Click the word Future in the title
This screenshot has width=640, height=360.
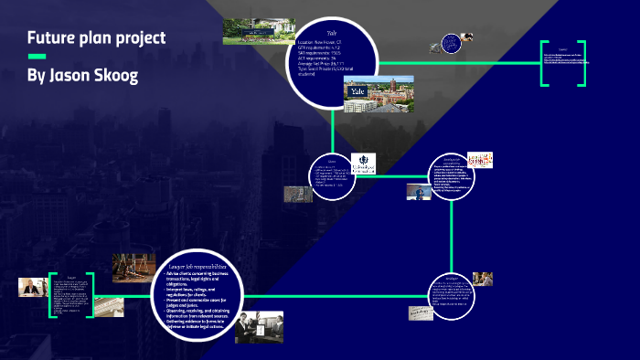(51, 38)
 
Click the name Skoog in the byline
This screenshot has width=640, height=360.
(115, 75)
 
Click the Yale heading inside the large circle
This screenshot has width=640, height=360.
(332, 32)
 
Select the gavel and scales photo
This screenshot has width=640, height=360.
(133, 267)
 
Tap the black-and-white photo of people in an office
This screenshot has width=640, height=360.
(259, 326)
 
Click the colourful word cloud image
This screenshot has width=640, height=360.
(480, 161)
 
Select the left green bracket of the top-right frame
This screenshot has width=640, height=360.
(543, 64)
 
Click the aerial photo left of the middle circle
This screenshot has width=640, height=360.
(297, 195)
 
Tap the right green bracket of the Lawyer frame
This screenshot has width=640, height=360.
(91, 294)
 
